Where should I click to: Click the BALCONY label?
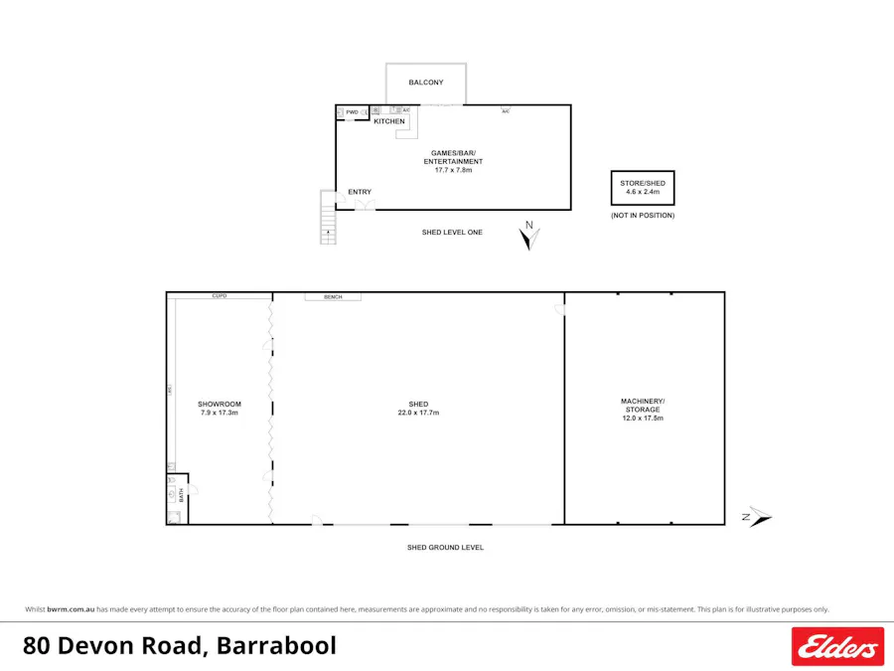coord(426,83)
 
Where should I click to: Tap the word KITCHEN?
coord(389,121)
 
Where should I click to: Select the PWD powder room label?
coord(352,112)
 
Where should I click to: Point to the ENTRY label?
coord(360,192)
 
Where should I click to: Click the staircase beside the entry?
coord(328,219)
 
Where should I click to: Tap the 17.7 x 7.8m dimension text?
coord(453,170)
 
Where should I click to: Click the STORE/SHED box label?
coord(643,183)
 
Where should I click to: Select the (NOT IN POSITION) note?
coord(643,215)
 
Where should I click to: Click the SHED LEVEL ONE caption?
coord(452,233)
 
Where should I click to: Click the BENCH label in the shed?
coord(333,296)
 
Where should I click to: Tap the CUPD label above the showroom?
coord(220,296)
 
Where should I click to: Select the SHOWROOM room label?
coord(220,404)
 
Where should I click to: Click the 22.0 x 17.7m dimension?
coord(418,413)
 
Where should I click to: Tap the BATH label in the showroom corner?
coord(180,494)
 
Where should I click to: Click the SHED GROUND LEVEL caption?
coord(445,548)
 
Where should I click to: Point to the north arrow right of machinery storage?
coord(758,517)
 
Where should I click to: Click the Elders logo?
coord(837,646)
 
